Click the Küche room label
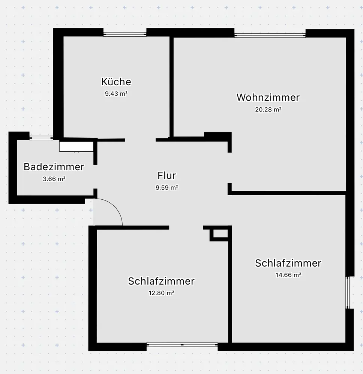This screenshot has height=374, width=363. pos(116,82)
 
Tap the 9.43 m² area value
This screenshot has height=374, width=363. pos(116,94)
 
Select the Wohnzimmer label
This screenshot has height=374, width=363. pos(268,98)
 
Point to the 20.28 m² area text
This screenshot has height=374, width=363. pos(268,110)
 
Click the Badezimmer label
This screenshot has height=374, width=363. pos(54,167)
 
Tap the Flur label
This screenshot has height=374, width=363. pos(166,175)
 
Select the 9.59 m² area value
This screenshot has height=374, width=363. pos(166,188)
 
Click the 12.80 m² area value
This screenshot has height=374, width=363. pos(161,293)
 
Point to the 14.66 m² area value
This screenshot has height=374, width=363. pos(288,275)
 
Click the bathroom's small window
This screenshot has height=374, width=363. pos(41,138)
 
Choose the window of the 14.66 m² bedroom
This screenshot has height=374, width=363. pos(348,292)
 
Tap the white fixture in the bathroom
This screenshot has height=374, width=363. pos(76,146)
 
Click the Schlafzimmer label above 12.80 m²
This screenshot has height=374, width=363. pos(161,281)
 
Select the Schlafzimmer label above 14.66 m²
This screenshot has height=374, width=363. pos(288,263)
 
